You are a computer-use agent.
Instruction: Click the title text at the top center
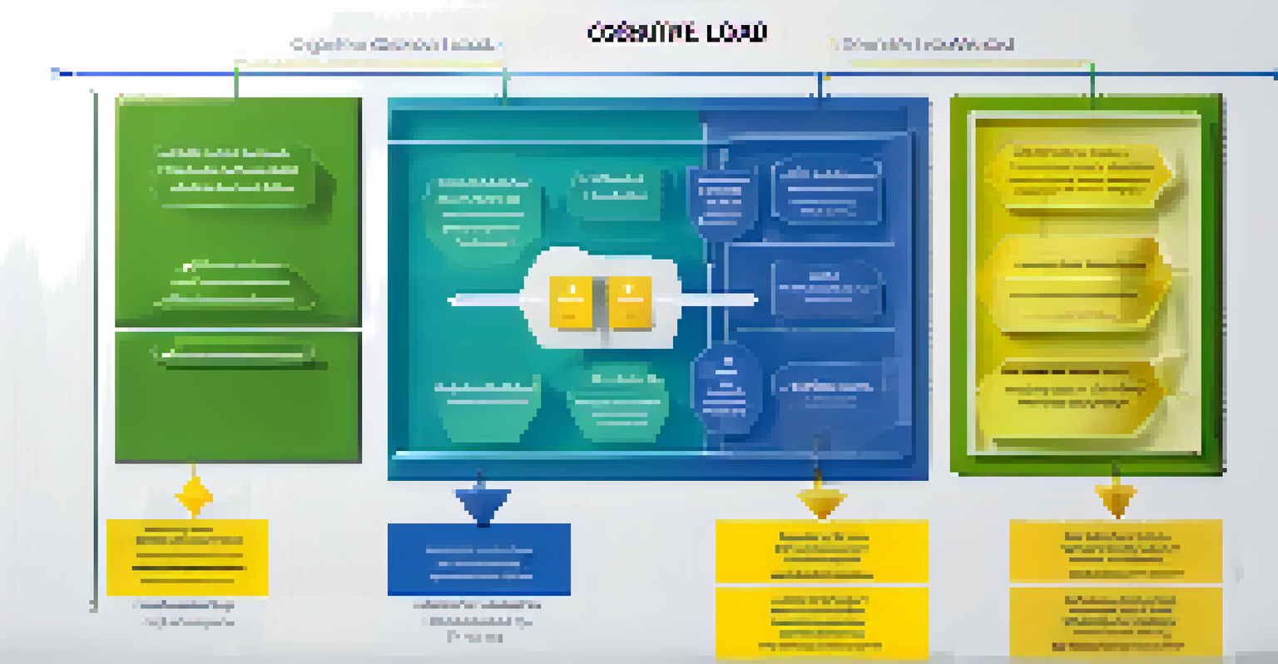pyautogui.click(x=676, y=32)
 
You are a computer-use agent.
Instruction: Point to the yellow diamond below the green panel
pyautogui.click(x=194, y=497)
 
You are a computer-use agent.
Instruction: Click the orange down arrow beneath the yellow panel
pyautogui.click(x=1116, y=499)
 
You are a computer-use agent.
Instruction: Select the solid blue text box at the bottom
pyautogui.click(x=478, y=558)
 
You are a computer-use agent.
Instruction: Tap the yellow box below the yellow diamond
pyautogui.click(x=187, y=557)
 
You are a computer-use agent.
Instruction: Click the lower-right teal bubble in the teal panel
pyautogui.click(x=617, y=403)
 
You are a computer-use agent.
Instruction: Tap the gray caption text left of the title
pyautogui.click(x=393, y=44)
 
